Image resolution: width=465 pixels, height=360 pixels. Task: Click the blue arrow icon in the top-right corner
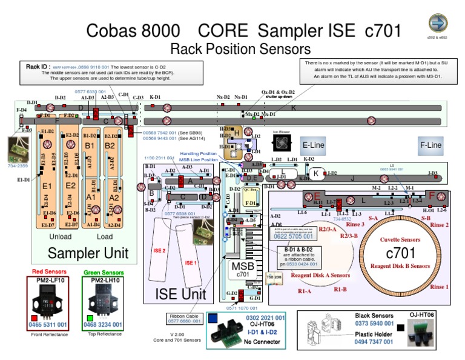coord(438,23)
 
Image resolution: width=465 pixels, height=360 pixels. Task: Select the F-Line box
coord(431,145)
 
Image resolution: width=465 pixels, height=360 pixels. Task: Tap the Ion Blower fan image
coord(282,143)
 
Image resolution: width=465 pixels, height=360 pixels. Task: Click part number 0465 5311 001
coord(52,325)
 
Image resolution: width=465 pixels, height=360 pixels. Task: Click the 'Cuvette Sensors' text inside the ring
coord(400,240)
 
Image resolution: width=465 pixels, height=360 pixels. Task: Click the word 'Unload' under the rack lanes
coord(60,237)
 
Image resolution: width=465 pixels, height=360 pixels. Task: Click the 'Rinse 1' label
coord(440,287)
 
